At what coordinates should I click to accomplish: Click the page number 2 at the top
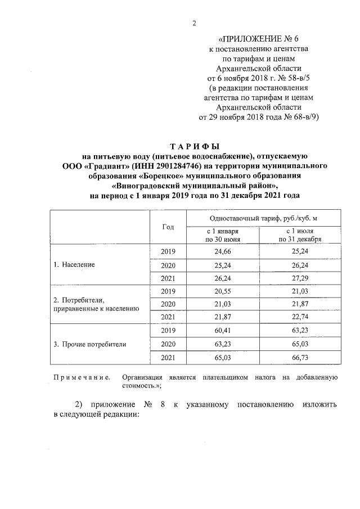tap(194, 23)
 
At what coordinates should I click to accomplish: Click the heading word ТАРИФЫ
tap(194, 147)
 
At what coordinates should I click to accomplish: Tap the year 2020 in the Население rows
tap(168, 264)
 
